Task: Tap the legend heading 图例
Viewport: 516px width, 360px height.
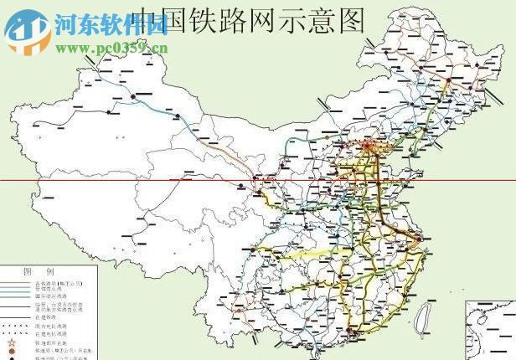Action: tap(38, 272)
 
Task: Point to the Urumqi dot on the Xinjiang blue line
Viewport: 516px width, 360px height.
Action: tap(133, 97)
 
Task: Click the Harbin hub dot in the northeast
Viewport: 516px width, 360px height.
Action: tap(448, 81)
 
